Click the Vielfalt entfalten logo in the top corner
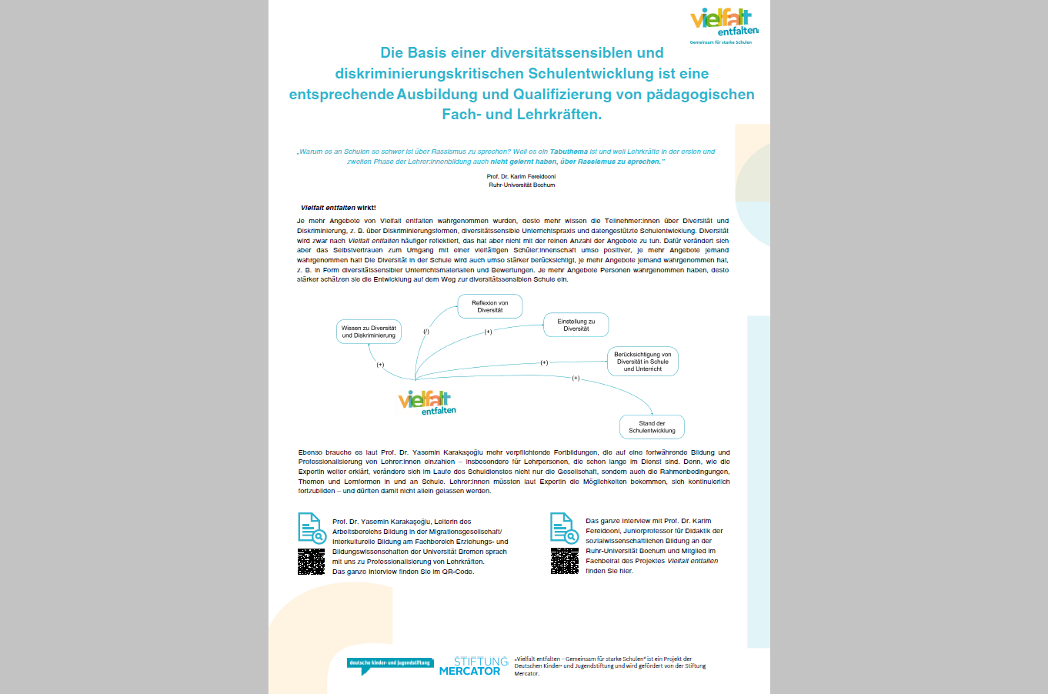(x=724, y=24)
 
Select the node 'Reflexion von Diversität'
(x=490, y=306)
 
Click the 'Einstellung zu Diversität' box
(x=576, y=325)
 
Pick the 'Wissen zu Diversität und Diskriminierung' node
(x=369, y=332)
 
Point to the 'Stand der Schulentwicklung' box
(x=652, y=427)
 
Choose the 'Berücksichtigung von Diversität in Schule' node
(x=642, y=362)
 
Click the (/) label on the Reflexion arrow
(x=426, y=332)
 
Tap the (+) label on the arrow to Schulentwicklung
(x=576, y=379)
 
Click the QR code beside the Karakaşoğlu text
(x=312, y=562)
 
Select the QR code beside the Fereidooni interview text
(x=565, y=561)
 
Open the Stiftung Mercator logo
(x=473, y=666)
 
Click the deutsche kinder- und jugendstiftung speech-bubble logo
(x=390, y=665)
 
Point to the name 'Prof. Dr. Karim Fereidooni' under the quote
(x=521, y=176)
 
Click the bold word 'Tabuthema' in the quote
(x=569, y=152)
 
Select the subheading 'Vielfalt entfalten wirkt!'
(x=338, y=208)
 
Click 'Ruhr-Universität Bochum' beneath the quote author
(x=521, y=185)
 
